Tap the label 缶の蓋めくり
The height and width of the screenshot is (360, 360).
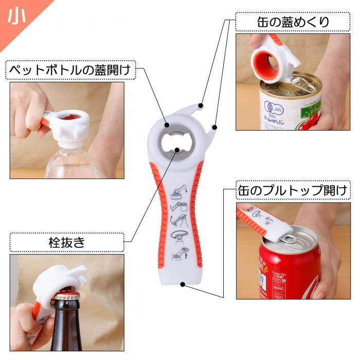point(293,22)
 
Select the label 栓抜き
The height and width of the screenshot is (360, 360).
point(67,242)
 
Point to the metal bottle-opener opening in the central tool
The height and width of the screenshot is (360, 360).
point(176,143)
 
